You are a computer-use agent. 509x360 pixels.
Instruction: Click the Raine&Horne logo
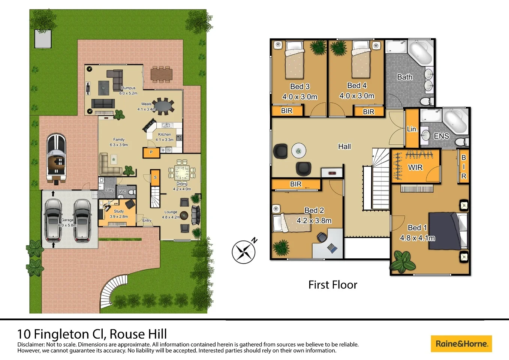[461, 343]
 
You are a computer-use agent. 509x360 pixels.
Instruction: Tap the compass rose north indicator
[244, 251]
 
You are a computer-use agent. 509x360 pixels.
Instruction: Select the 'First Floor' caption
[332, 285]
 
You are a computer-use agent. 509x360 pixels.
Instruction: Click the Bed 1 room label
[417, 228]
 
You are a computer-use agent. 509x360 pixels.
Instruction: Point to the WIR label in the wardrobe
[415, 167]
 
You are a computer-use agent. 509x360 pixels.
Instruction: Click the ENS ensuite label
[441, 136]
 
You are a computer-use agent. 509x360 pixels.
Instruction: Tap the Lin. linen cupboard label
[412, 129]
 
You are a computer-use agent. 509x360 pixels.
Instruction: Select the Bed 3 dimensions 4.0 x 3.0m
[299, 97]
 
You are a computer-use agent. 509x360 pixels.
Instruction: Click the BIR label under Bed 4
[368, 112]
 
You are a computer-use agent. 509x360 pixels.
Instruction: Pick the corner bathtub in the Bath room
[421, 53]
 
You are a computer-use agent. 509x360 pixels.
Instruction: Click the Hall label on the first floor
[344, 147]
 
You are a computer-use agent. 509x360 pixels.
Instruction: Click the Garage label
[67, 220]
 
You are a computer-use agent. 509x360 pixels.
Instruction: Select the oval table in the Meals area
[163, 106]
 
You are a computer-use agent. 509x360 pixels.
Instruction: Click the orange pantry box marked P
[151, 152]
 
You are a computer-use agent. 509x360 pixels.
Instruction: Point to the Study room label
[119, 211]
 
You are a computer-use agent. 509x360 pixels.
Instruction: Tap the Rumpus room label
[128, 88]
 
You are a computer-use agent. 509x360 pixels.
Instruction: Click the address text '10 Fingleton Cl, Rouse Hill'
[92, 334]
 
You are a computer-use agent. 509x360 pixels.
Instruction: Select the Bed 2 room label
[314, 210]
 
